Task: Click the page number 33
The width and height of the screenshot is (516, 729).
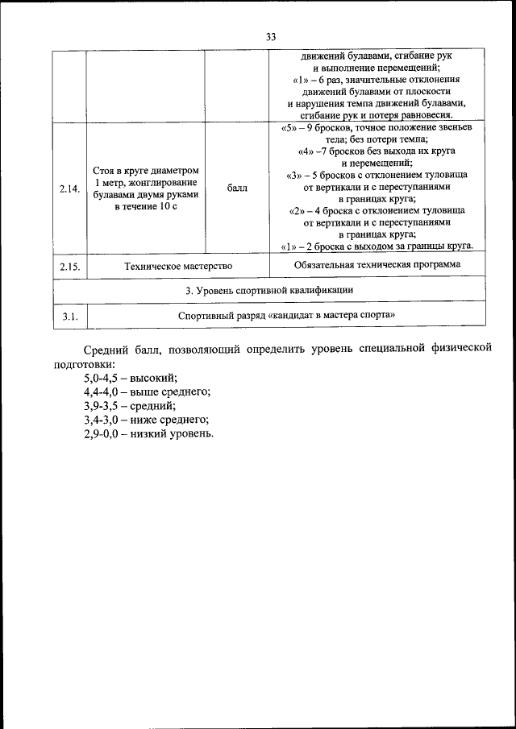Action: (x=270, y=37)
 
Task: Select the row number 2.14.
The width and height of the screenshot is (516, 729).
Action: (x=69, y=189)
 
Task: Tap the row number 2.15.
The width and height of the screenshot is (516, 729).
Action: (x=69, y=266)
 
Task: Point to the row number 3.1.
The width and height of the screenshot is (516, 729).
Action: (x=69, y=317)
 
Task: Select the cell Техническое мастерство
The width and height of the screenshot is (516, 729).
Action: (x=179, y=266)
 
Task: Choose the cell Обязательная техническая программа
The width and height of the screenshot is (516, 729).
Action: (x=377, y=264)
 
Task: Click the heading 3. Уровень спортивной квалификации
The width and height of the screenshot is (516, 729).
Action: (x=270, y=290)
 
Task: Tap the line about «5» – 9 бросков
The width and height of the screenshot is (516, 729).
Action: (x=377, y=128)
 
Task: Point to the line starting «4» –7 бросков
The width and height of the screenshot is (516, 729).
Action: (x=377, y=151)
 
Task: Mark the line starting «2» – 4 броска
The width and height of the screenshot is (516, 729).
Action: (x=377, y=211)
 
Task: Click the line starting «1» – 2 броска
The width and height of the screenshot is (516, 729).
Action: (x=377, y=246)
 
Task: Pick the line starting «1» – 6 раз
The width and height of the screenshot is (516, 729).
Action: (x=377, y=81)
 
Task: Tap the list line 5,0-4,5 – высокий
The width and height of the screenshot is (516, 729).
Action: (x=130, y=378)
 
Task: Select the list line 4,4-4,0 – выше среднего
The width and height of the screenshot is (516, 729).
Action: (x=147, y=391)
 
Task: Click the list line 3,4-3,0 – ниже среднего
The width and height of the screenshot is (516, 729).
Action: (x=146, y=420)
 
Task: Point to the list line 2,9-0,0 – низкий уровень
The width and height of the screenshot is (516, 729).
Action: (x=148, y=433)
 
